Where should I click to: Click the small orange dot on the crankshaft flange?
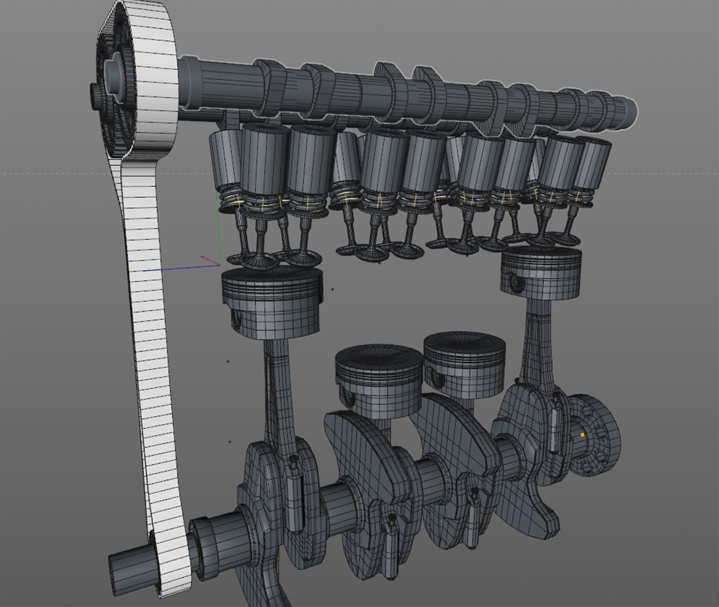coord(583,434)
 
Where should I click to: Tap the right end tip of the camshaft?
coord(634,110)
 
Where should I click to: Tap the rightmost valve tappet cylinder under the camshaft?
coord(593,165)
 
